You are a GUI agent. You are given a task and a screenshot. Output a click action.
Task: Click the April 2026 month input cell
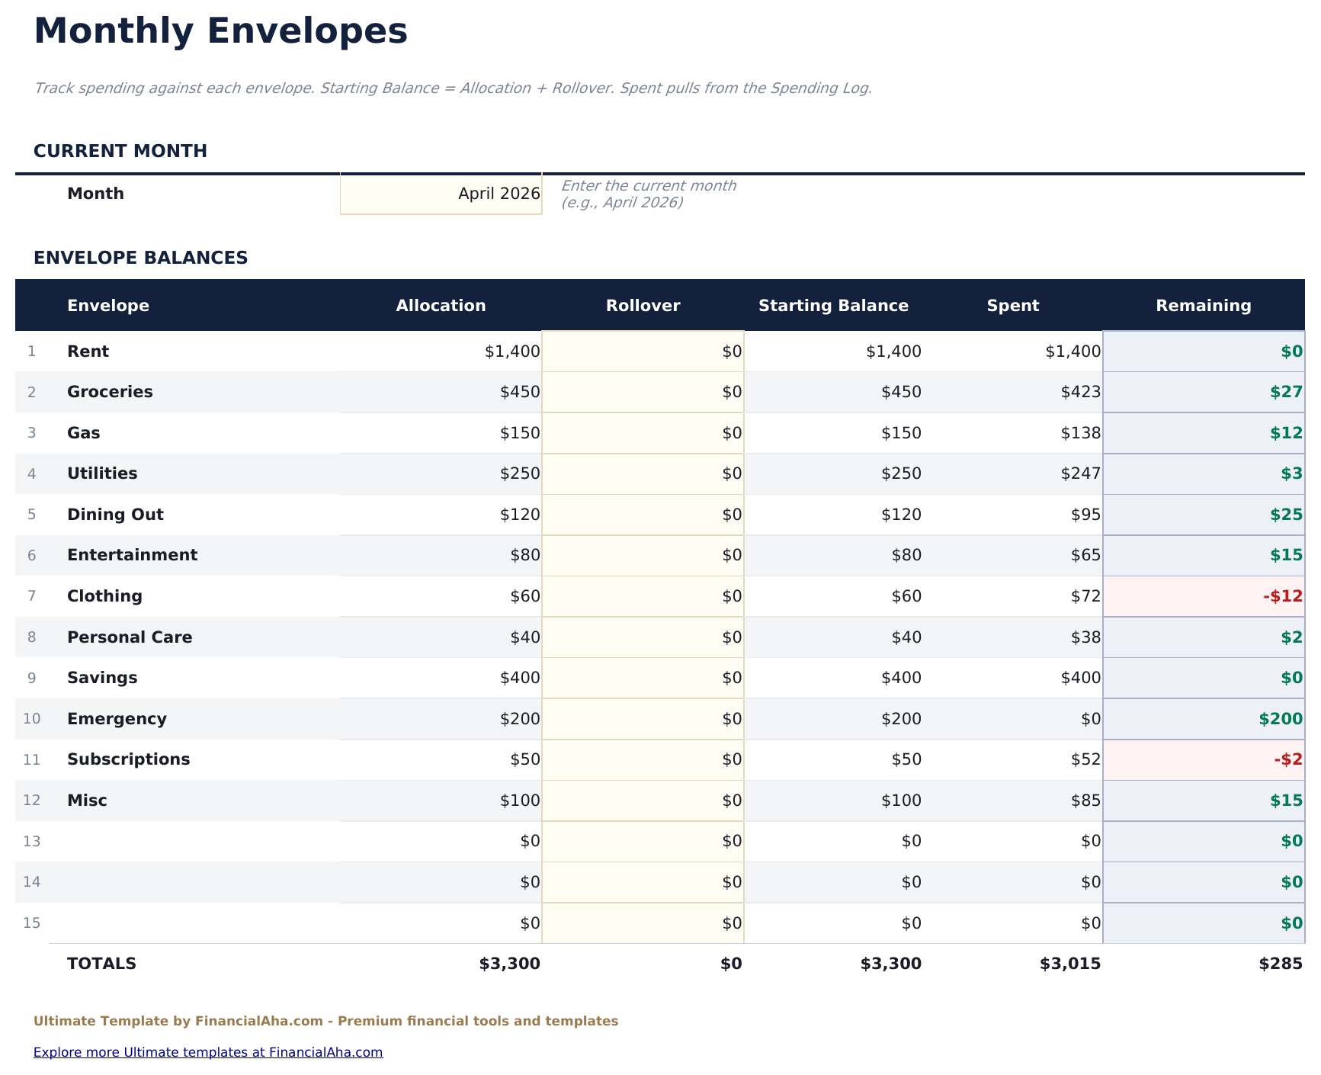(441, 194)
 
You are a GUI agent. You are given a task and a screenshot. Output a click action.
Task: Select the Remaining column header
(1203, 306)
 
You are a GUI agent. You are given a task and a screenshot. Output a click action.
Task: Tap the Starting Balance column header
(833, 306)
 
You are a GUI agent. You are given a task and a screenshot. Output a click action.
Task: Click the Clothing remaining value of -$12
(1282, 596)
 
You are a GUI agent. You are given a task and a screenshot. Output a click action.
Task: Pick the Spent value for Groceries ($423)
(1080, 392)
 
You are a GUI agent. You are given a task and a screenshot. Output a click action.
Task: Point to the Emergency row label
(117, 719)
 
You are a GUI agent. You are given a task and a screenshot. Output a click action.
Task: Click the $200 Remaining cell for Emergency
(1280, 719)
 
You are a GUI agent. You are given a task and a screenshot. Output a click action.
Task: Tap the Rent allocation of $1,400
(511, 351)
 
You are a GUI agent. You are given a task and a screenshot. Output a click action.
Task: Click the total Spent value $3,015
(1069, 964)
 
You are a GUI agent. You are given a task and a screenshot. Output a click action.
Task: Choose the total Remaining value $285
(1281, 964)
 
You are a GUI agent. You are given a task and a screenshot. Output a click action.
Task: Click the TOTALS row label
(101, 964)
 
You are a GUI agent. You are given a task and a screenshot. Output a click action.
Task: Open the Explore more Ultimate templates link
(208, 1052)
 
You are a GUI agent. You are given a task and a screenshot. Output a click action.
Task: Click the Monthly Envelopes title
(220, 32)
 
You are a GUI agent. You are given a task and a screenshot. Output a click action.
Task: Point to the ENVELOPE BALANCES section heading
(140, 258)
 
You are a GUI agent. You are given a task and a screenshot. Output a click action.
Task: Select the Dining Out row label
(115, 515)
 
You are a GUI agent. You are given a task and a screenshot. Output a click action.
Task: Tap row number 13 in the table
(31, 842)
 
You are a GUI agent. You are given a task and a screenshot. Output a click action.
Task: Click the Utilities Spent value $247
(1080, 473)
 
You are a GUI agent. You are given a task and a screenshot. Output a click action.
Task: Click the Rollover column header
(643, 306)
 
